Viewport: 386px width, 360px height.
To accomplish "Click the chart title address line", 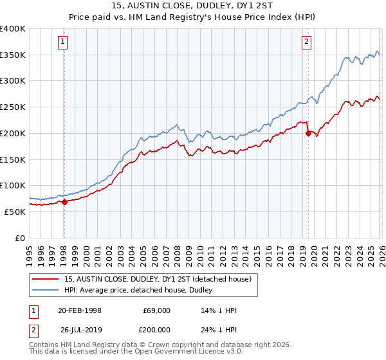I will click(193, 6).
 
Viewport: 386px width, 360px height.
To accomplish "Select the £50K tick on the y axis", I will click(15, 212).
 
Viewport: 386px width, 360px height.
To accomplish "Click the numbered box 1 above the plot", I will click(63, 42).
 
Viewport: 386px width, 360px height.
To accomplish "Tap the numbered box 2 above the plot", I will click(306, 42).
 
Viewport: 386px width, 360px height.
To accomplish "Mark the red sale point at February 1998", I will click(64, 202).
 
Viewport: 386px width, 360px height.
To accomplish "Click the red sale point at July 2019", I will click(308, 133).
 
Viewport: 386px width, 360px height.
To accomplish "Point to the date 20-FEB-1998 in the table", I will click(80, 310).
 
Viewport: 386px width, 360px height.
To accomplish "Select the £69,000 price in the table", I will click(157, 310).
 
